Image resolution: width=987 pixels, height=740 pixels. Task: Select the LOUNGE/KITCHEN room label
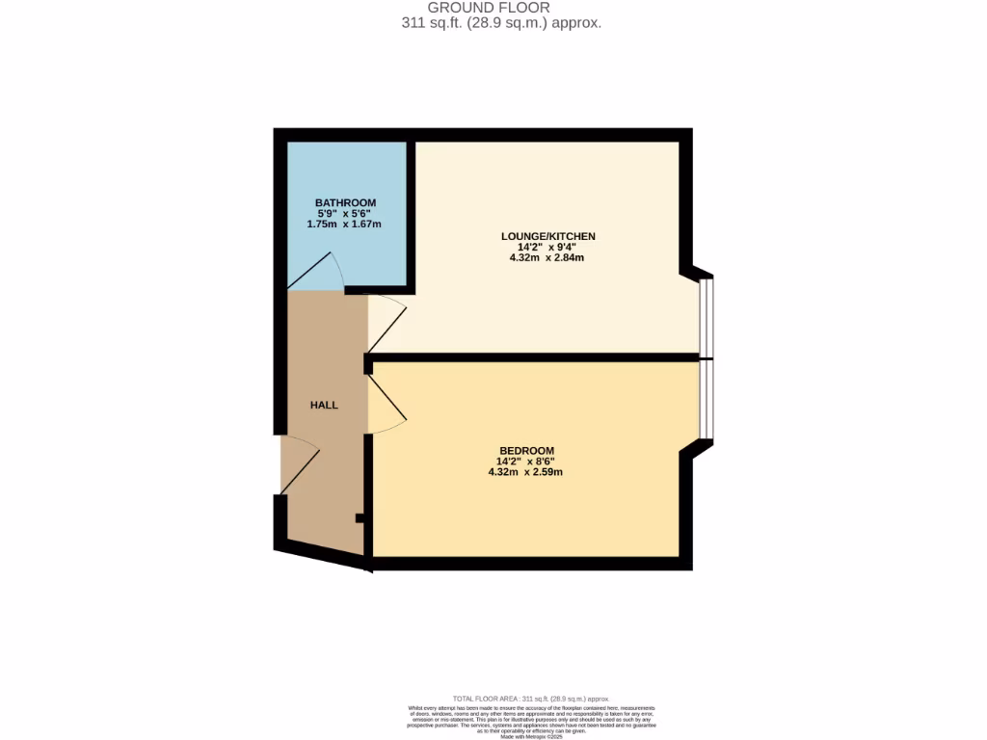(x=547, y=236)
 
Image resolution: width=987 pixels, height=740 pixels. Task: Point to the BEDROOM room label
(x=526, y=450)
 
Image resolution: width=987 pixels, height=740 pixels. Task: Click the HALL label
(x=324, y=406)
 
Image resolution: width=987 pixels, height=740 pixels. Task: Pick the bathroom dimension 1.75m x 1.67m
(x=344, y=225)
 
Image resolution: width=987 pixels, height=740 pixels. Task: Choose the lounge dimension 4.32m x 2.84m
(x=547, y=258)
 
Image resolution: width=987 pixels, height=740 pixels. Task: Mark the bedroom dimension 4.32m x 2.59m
(x=525, y=472)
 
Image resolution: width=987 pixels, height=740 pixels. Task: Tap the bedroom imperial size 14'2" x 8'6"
(x=526, y=462)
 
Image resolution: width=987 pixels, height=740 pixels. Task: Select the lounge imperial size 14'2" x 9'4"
(x=547, y=248)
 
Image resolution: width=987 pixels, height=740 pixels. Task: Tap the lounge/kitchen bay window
(x=707, y=316)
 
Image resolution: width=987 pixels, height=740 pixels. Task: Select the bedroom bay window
(x=707, y=400)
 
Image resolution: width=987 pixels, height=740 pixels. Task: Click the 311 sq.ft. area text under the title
(x=501, y=23)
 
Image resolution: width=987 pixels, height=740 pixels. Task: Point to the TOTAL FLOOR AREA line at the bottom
(x=531, y=699)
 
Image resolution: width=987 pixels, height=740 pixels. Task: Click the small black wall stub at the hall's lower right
(x=360, y=518)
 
